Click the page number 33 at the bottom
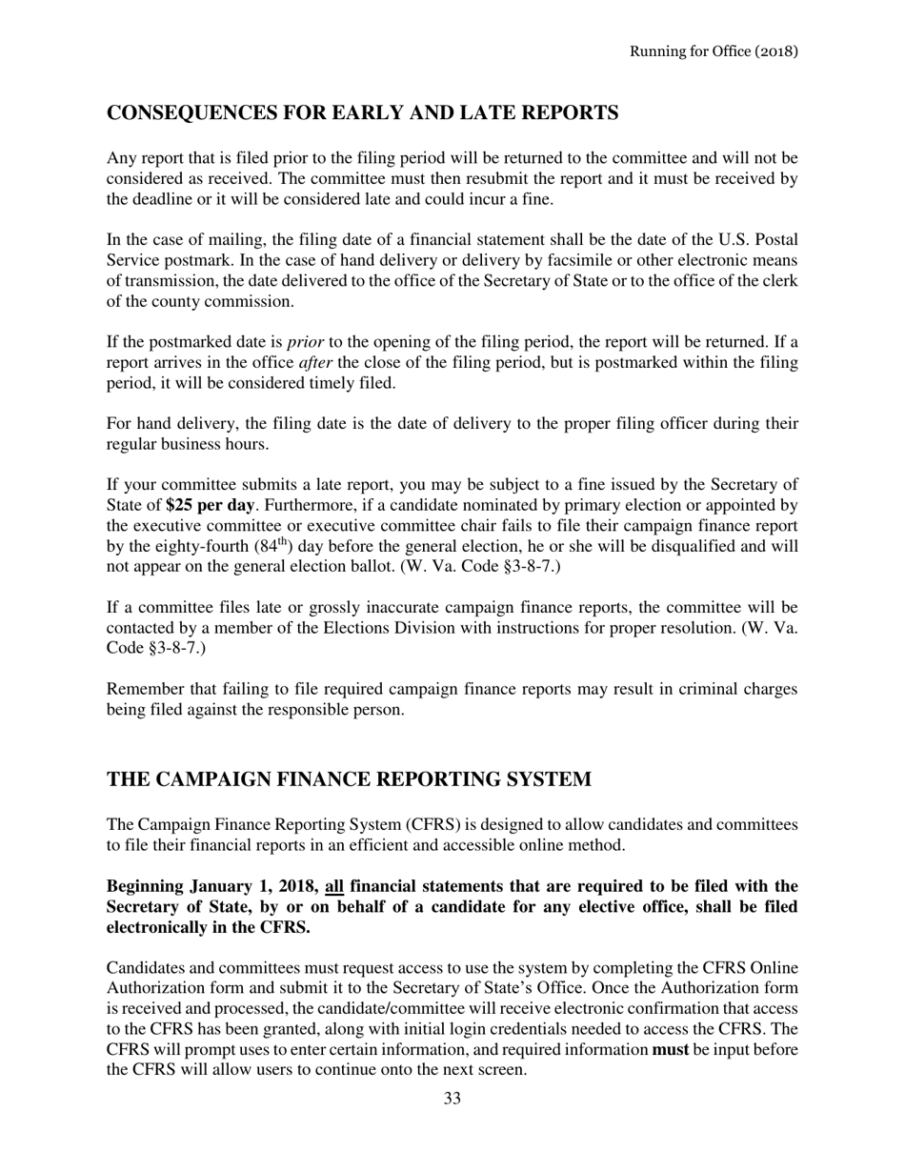pyautogui.click(x=452, y=1099)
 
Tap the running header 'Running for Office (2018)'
pyautogui.click(x=714, y=51)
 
